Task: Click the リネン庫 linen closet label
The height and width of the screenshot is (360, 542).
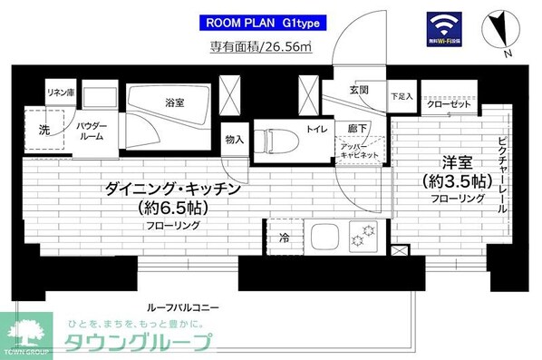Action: click(x=60, y=92)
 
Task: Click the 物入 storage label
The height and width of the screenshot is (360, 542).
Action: click(x=233, y=140)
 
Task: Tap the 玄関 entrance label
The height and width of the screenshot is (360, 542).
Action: click(x=358, y=92)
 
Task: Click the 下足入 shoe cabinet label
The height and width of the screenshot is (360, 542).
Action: click(x=402, y=94)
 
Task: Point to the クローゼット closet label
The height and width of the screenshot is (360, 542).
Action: click(x=448, y=104)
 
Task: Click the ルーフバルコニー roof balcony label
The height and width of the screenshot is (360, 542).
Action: click(x=188, y=307)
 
